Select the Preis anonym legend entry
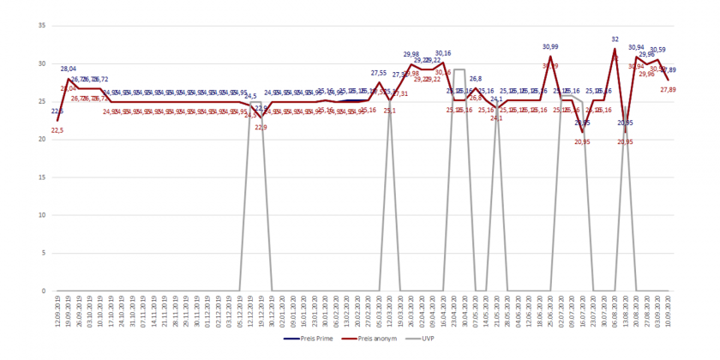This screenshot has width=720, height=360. tap(375, 338)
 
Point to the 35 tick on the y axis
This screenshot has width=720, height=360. tap(42, 25)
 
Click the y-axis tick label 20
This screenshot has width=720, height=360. tap(42, 139)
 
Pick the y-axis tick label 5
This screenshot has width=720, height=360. tap(44, 253)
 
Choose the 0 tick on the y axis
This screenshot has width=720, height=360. tap(44, 291)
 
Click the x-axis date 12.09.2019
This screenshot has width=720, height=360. tap(57, 311)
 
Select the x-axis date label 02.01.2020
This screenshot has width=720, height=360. tap(283, 311)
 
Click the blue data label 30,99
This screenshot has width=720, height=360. tap(550, 46)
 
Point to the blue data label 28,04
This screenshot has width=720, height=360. tap(69, 69)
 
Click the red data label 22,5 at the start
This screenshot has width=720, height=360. tap(57, 129)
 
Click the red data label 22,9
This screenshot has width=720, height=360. tap(261, 127)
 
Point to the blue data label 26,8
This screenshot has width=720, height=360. tap(476, 79)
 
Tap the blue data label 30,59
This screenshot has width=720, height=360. tap(658, 50)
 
